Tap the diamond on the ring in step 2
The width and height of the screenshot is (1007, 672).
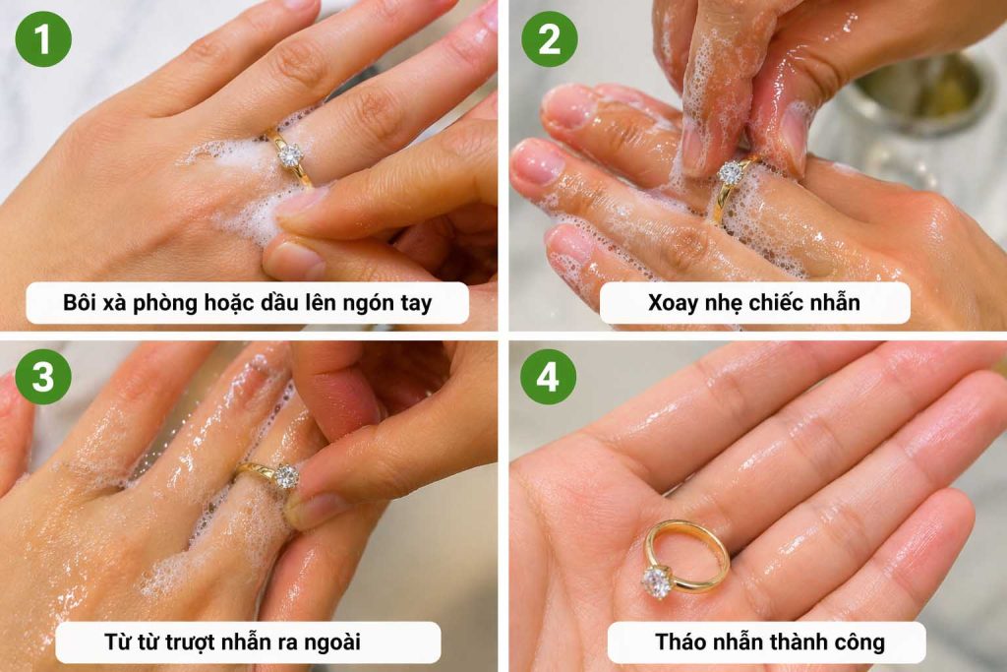(x=730, y=173)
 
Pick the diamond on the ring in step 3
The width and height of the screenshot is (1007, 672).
(x=286, y=477)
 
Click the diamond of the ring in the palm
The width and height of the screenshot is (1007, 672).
(x=657, y=580)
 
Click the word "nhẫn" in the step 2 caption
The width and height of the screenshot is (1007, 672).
(x=831, y=303)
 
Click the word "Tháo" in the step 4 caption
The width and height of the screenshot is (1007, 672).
(x=683, y=642)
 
